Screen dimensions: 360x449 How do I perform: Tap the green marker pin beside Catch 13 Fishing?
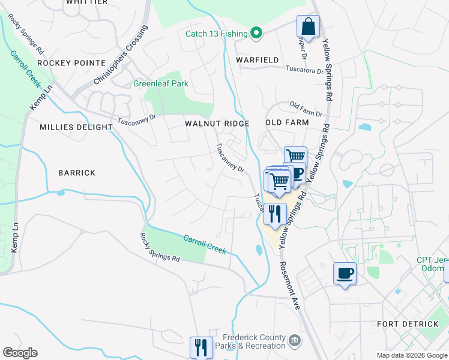point(256,33)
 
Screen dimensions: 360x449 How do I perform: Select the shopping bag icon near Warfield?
point(308,27)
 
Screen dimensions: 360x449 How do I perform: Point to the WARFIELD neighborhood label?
point(257,61)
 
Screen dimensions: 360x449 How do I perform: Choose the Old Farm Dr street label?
point(306,109)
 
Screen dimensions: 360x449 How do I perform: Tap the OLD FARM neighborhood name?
point(287,122)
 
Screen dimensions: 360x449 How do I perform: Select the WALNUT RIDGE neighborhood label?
point(217,124)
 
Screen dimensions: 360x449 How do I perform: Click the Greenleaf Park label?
point(160,84)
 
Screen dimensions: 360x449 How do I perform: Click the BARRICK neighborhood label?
point(77,173)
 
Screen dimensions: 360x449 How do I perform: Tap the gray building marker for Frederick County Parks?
point(294,341)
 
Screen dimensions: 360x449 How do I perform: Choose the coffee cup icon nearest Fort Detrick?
point(345,274)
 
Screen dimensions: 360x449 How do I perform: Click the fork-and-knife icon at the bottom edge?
point(201,347)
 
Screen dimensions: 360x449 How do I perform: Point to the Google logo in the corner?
point(20,353)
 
